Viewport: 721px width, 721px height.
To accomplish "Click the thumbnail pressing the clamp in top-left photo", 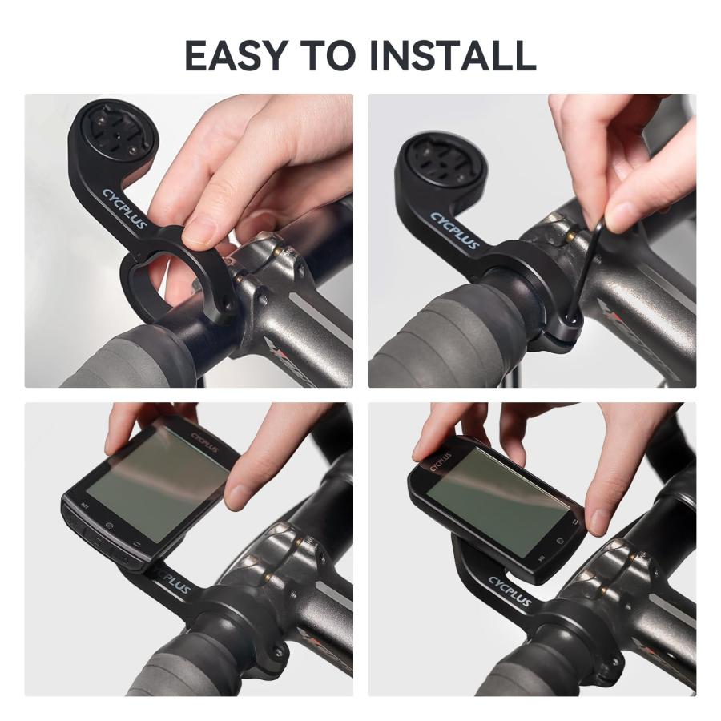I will (x=199, y=233).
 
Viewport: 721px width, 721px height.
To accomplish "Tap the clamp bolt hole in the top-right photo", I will (x=572, y=320).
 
